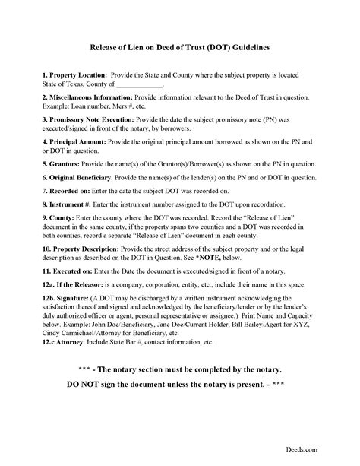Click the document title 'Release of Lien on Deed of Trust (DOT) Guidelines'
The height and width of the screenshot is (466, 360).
point(179,46)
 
